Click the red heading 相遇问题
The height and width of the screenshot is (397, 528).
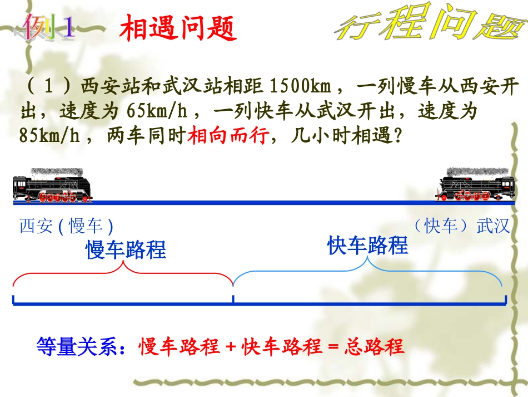coord(178,28)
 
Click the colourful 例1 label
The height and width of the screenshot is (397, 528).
coord(49,28)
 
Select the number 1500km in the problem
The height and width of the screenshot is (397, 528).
coord(300,87)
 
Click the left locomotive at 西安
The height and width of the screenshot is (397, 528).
coord(52,185)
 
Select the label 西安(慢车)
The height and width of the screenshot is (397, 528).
coord(67,226)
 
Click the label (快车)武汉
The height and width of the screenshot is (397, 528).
coord(461,226)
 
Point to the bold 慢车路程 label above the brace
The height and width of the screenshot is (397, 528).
coord(126,250)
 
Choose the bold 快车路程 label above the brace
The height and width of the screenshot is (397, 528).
coord(367,246)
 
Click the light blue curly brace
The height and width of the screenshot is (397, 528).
coord(367,273)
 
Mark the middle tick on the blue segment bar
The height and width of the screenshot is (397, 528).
coord(233,300)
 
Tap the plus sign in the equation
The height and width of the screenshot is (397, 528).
coord(232,347)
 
